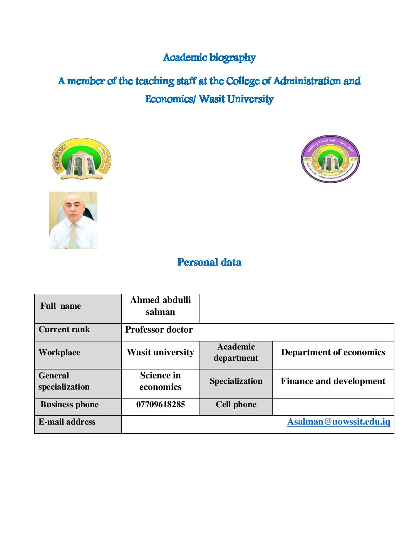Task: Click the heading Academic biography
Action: coord(209,58)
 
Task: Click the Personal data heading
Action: coord(209,263)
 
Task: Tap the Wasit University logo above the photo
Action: coord(81,159)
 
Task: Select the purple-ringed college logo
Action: coord(330,159)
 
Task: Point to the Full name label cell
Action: coord(61,306)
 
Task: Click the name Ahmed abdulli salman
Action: coord(160,306)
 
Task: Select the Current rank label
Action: coord(64,330)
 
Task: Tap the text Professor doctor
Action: coord(159,330)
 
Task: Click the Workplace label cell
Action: coord(59,353)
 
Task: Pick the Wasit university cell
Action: coord(160,353)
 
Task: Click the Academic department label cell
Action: coord(236,353)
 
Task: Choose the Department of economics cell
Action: coord(333,353)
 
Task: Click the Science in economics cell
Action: coord(160,381)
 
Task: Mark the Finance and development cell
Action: coord(333,381)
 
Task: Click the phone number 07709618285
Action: coord(160,405)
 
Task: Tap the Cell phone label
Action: coord(236,405)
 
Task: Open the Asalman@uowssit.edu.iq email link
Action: coord(339,422)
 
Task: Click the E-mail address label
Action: coord(67,422)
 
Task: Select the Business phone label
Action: coord(69,405)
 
